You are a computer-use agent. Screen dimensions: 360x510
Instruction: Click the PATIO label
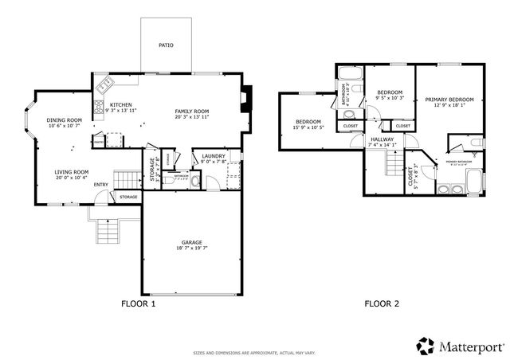click(x=166, y=45)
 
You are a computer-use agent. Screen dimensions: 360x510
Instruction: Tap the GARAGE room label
click(x=190, y=242)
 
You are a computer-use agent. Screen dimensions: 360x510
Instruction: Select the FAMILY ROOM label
click(x=192, y=111)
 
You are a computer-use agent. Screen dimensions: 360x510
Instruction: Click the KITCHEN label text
click(x=121, y=105)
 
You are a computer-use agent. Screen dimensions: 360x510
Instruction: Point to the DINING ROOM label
click(x=65, y=119)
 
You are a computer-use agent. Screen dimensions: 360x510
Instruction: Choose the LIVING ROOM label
click(x=71, y=172)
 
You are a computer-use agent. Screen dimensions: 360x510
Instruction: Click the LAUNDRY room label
click(x=214, y=156)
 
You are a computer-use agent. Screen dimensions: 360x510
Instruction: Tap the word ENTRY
click(x=101, y=186)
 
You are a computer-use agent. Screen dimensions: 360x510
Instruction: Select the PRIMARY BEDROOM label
click(x=449, y=100)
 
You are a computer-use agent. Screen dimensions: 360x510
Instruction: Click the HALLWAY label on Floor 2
click(x=382, y=139)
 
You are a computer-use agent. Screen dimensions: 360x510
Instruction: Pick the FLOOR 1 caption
click(x=138, y=303)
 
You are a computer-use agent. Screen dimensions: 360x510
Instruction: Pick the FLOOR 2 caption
click(x=382, y=303)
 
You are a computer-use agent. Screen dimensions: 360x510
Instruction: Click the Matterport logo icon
click(x=426, y=346)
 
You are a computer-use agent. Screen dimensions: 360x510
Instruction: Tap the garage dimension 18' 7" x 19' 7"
click(x=190, y=248)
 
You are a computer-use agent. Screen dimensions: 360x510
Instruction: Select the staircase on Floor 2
click(x=394, y=163)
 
